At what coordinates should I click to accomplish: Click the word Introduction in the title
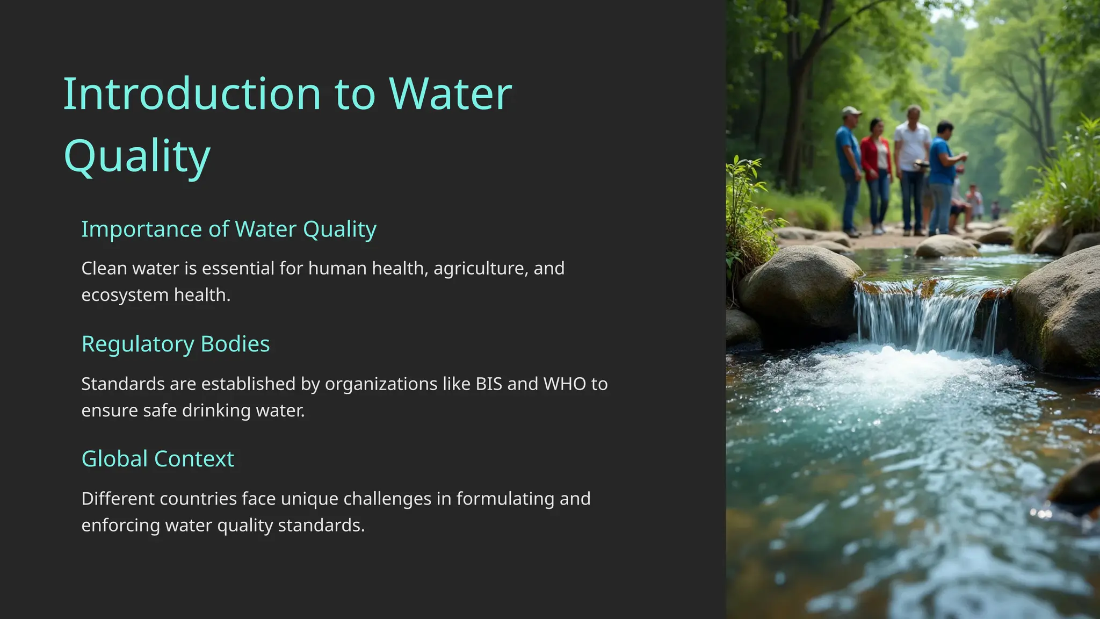point(192,94)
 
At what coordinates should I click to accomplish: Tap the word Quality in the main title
point(136,156)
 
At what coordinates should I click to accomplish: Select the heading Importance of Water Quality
point(228,229)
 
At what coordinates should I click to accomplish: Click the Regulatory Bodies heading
point(175,344)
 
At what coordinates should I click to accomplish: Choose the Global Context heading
point(157,459)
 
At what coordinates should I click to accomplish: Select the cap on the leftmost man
point(851,111)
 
